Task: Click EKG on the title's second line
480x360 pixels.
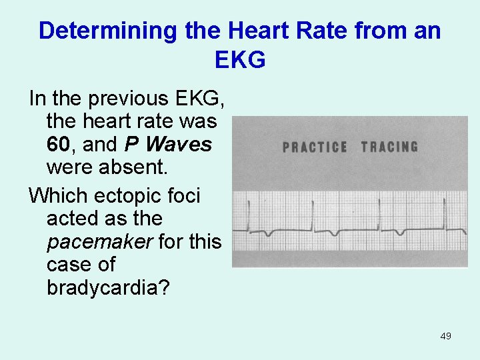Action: [x=240, y=60]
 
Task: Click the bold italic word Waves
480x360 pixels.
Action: [x=179, y=145]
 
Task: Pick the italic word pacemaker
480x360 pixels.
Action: [x=99, y=241]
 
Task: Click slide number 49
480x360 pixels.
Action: [x=446, y=336]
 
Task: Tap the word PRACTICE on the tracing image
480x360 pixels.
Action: [x=315, y=147]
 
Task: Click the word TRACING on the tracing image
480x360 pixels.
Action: [x=390, y=147]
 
